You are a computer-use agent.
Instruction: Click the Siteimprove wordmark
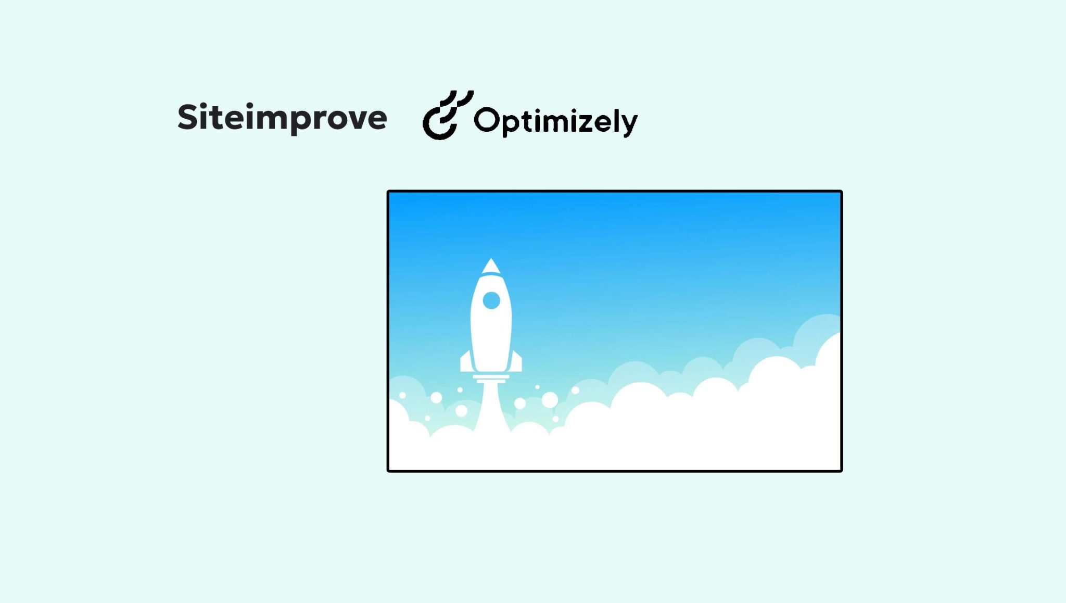pos(282,118)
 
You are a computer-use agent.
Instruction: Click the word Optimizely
pos(555,121)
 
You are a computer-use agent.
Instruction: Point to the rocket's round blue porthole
pos(491,300)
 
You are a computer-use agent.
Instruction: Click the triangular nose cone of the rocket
pos(491,266)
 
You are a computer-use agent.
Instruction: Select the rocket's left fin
pos(466,362)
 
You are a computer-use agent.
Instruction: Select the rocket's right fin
pos(516,362)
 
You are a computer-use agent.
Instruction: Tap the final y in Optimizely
pos(628,125)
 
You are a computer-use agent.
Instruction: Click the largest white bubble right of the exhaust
pos(550,400)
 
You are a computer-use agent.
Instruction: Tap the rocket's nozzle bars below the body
pos(491,379)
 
